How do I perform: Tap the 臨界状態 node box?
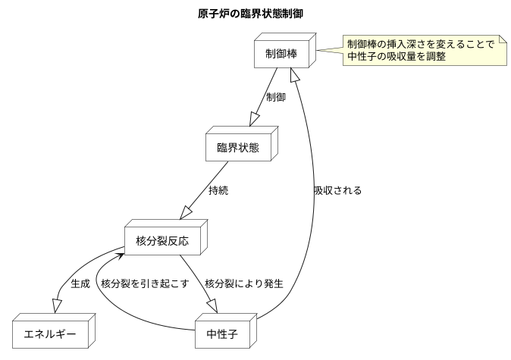tap(237, 147)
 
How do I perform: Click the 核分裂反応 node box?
tap(161, 241)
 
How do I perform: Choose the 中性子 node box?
tap(227, 334)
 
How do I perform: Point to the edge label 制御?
tap(276, 97)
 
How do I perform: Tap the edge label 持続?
tap(218, 191)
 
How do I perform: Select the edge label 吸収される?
tap(337, 191)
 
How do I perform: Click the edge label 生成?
tap(80, 284)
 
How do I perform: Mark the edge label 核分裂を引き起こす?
tap(144, 284)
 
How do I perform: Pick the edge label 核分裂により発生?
tap(243, 284)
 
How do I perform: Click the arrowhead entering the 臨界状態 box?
tap(252, 121)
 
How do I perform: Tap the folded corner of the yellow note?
tap(502, 39)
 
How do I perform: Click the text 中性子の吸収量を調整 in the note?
tap(396, 57)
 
